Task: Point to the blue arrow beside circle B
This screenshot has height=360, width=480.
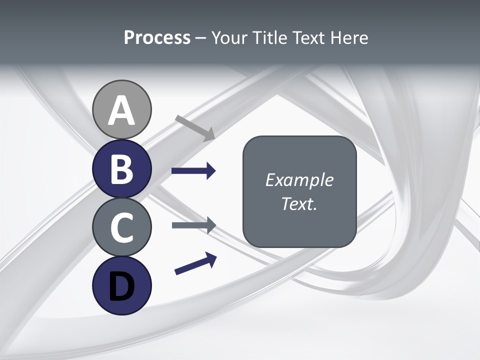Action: click(193, 171)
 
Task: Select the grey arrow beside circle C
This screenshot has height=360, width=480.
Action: click(194, 225)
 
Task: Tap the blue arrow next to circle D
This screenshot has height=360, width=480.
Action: click(196, 263)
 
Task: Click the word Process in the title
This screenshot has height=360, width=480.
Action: click(157, 38)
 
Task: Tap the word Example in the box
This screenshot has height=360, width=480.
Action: click(299, 180)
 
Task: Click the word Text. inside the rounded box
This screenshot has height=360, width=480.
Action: click(299, 203)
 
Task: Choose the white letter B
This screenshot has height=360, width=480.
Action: click(121, 169)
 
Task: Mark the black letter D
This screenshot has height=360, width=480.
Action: click(121, 286)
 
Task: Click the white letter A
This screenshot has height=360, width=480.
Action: click(121, 110)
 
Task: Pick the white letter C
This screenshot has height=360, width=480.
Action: click(121, 227)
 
